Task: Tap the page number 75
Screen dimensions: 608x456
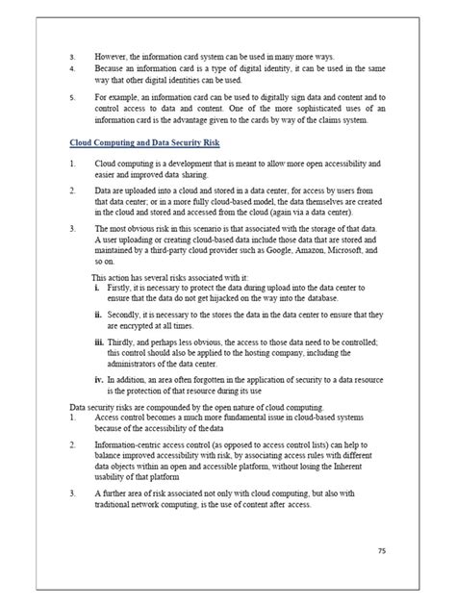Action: [x=383, y=551]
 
